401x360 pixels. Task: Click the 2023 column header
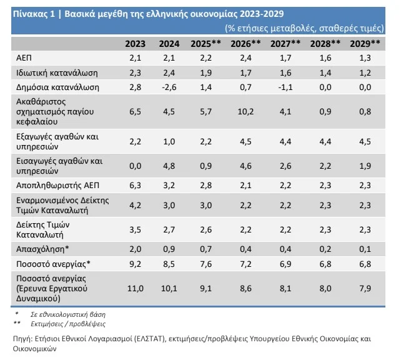coord(136,44)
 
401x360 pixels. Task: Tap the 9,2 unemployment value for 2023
coord(136,263)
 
